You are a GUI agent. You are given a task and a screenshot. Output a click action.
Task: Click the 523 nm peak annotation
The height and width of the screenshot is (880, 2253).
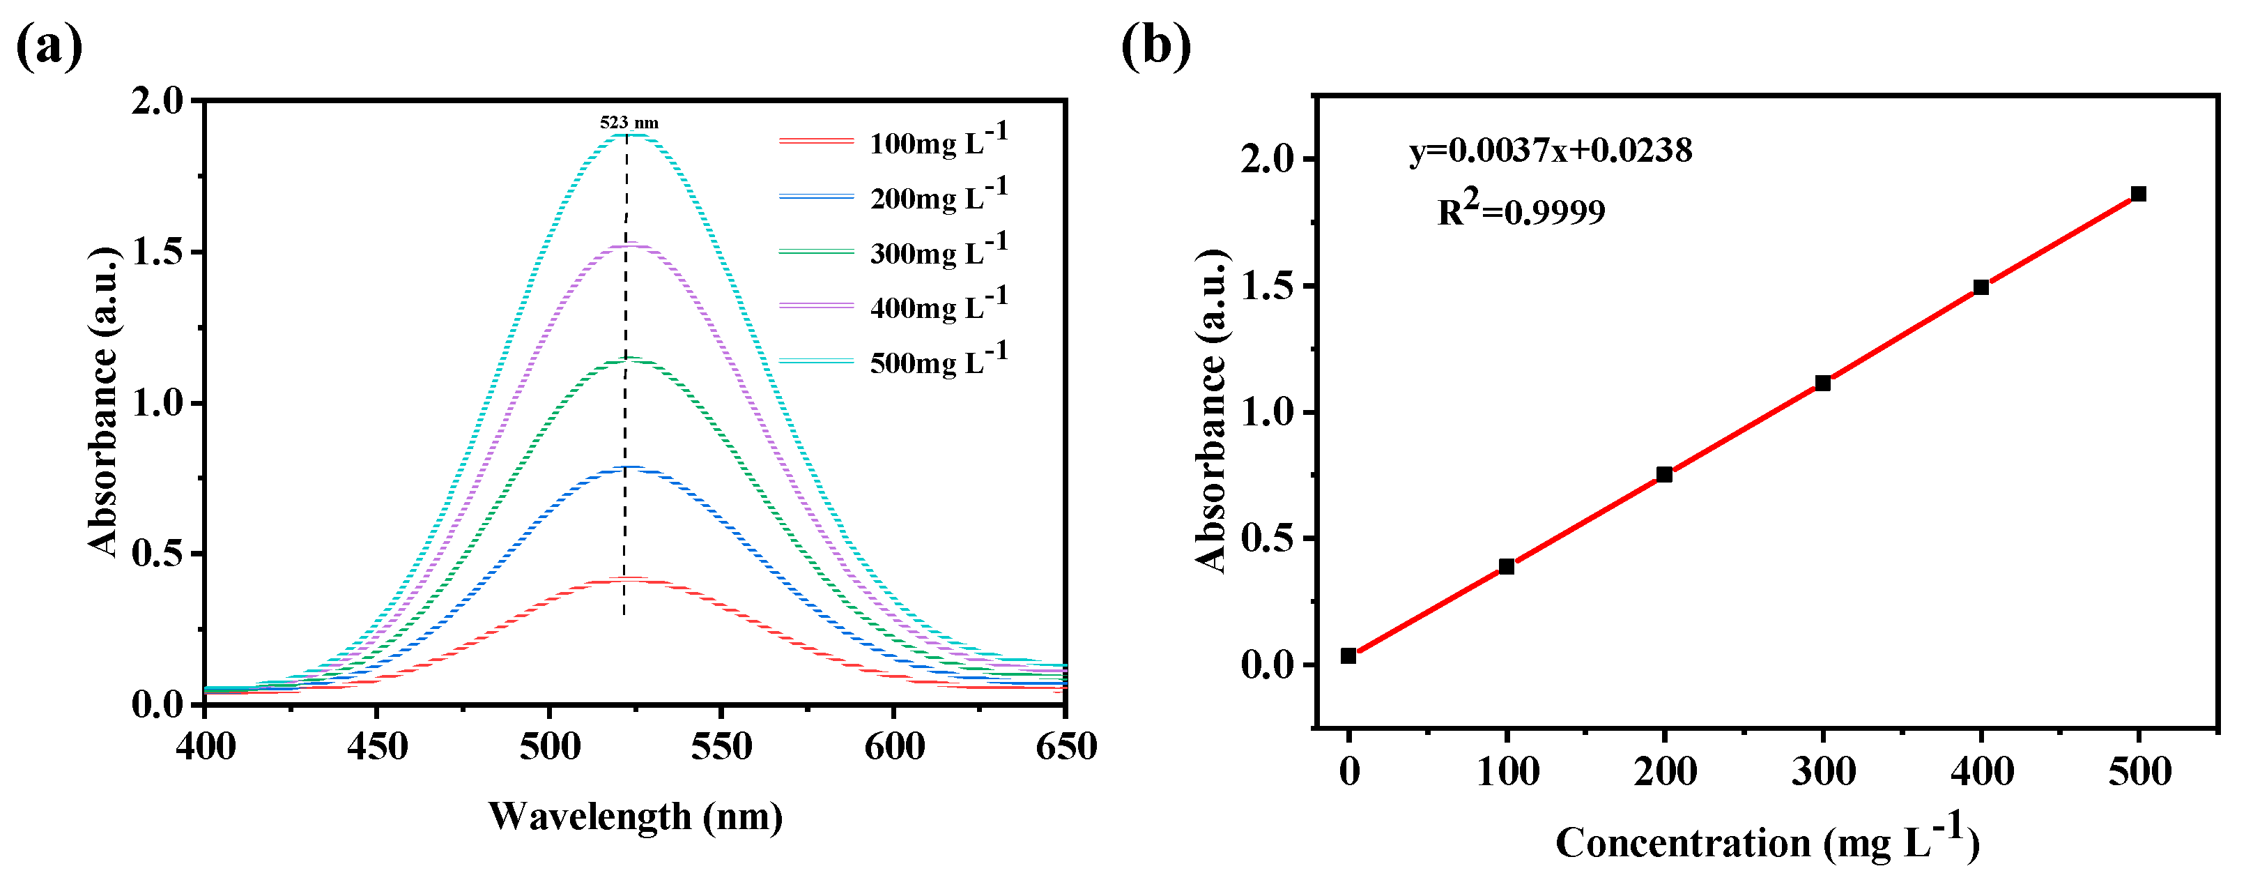coord(629,123)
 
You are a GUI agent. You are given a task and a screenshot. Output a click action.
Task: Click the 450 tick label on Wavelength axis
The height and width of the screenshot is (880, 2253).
coord(377,747)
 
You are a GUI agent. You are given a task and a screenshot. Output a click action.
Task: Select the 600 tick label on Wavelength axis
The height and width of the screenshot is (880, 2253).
coord(894,747)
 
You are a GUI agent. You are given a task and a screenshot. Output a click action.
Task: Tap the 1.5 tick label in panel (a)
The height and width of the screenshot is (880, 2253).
coord(158,252)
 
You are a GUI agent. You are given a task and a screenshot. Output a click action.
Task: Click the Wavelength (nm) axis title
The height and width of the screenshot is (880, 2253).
coord(635,816)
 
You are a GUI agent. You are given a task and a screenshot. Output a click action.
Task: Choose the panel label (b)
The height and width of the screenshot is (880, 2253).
coord(1155,45)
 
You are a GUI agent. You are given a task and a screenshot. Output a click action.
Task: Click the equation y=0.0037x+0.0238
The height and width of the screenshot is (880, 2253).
coord(1550,151)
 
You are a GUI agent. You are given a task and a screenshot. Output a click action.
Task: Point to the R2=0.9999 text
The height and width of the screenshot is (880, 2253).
coord(1521,210)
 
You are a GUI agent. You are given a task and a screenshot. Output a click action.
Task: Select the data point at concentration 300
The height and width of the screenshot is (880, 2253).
coord(1823,383)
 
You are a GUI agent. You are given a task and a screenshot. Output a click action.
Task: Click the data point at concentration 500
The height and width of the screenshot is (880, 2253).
coord(2139,194)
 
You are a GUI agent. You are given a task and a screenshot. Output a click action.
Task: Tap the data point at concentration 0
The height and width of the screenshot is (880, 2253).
coord(1348,656)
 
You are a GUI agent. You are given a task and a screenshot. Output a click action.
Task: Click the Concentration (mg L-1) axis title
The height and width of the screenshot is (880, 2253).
coord(1767,842)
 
